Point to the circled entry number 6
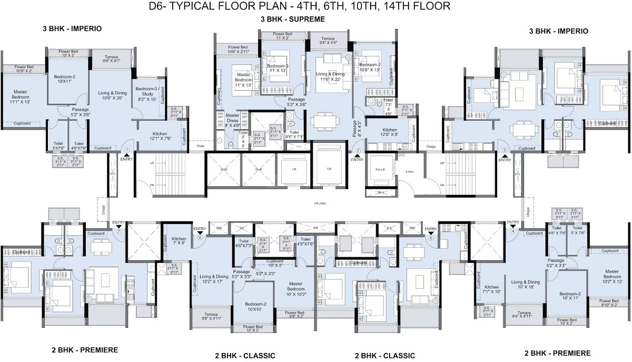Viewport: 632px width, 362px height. coord(200,237)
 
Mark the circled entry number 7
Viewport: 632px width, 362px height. coord(119,231)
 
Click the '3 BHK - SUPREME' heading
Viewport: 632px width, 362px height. coord(292,19)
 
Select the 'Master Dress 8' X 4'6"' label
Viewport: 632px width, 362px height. coord(232,120)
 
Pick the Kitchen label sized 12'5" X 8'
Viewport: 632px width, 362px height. coord(390,132)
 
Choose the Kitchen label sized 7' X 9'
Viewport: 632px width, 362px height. coord(179,241)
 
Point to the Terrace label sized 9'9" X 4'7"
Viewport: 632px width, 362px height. coord(111,59)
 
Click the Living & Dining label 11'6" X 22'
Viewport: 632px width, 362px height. coord(330,77)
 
